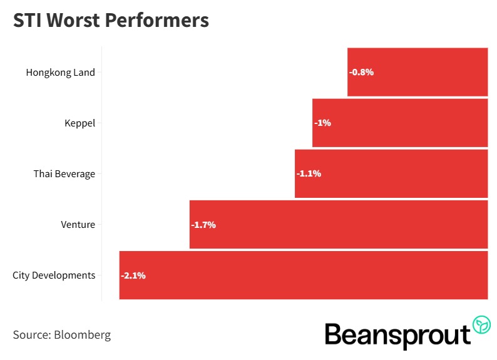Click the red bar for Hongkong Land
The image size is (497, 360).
418,72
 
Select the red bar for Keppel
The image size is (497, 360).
400,123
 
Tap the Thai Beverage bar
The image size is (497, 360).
391,174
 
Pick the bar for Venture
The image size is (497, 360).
339,225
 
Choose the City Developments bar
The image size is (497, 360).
304,275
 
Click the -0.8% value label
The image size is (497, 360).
361,72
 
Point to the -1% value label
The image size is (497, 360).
323,123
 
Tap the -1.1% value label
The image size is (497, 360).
309,174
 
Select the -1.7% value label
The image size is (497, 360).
203,225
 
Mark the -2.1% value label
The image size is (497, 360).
133,275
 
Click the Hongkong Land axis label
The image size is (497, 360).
60,72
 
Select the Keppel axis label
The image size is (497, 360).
79,123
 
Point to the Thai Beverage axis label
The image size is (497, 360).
64,174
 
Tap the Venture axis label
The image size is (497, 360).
78,225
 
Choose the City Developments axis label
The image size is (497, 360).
54,275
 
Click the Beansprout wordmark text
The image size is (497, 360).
397,335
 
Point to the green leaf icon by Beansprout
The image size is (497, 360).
481,325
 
